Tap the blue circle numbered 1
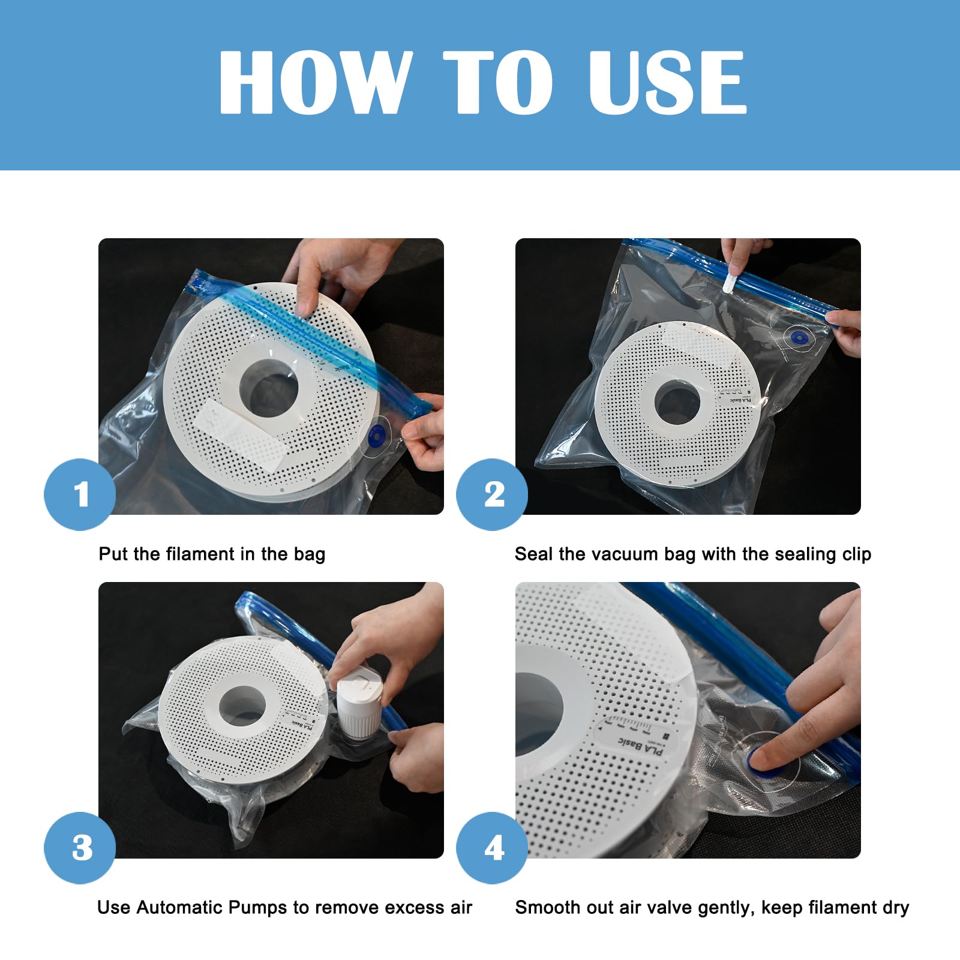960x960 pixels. point(80,494)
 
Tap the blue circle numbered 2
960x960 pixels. point(492,494)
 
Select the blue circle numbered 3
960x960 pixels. point(80,847)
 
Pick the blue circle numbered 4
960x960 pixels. point(492,847)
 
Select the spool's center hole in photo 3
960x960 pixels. point(242,706)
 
